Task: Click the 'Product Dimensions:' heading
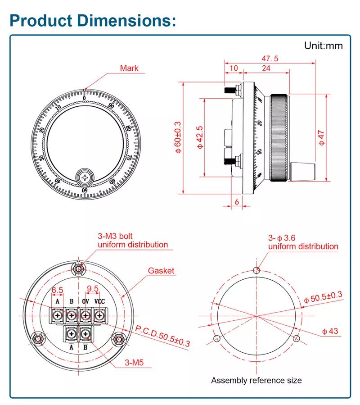(92, 20)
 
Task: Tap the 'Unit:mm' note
(323, 46)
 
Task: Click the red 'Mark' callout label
(129, 68)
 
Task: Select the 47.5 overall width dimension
(270, 59)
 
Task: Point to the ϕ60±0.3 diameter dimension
(178, 138)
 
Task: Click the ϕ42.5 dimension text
(200, 138)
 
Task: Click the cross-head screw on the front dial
(85, 178)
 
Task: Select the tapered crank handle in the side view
(302, 172)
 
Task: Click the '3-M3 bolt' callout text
(115, 236)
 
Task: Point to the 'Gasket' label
(161, 271)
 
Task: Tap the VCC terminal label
(99, 301)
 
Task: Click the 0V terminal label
(85, 301)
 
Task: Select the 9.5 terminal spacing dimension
(92, 288)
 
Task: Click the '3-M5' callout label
(134, 361)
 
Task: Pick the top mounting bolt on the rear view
(79, 269)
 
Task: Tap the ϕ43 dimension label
(330, 331)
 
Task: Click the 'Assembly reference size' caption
(256, 380)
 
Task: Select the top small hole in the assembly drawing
(256, 270)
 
